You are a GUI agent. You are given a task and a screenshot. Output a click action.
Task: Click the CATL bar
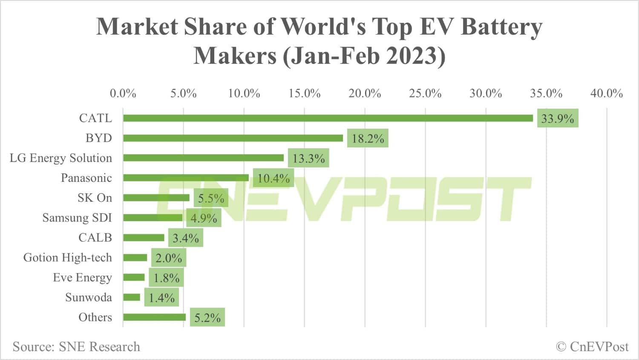[x=328, y=118]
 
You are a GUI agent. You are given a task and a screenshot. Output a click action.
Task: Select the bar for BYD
[x=233, y=138]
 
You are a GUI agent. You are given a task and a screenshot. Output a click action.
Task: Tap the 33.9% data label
[x=557, y=118]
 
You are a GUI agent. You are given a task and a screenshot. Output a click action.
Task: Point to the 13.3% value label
[x=308, y=158]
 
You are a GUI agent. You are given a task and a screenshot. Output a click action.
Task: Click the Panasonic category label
[x=86, y=178]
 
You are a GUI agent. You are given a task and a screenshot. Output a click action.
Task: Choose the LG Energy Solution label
[x=61, y=158]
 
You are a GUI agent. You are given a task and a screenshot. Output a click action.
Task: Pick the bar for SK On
[x=156, y=198]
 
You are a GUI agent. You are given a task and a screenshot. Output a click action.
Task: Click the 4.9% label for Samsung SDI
[x=204, y=218]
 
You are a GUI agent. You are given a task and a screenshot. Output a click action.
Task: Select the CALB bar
[x=144, y=238]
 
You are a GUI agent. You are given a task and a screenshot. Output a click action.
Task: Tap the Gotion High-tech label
[x=67, y=258]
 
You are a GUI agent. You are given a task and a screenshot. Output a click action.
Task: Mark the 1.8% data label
[x=166, y=278]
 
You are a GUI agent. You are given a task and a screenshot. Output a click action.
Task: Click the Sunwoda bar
[x=132, y=297]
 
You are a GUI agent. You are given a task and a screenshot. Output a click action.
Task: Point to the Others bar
[x=154, y=317]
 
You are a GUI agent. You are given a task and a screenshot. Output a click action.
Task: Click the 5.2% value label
[x=207, y=318]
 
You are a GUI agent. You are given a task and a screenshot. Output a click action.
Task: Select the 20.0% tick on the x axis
[x=365, y=93]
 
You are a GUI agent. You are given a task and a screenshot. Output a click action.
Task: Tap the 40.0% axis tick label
[x=606, y=93]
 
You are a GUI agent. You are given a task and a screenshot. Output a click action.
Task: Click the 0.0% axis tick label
[x=123, y=93]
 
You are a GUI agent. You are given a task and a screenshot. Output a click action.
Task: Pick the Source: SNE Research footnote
[x=76, y=347]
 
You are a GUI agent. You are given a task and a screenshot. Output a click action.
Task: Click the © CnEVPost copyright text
[x=592, y=347]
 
